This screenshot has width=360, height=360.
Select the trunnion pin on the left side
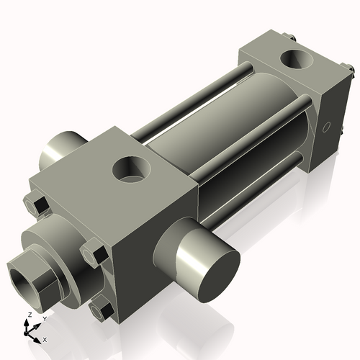tap(62, 150)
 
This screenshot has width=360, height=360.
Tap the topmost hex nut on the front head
tap(40, 206)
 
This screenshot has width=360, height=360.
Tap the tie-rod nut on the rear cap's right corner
tap(351, 70)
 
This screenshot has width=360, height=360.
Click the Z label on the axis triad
tap(29, 315)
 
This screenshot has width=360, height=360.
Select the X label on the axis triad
tap(45, 338)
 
